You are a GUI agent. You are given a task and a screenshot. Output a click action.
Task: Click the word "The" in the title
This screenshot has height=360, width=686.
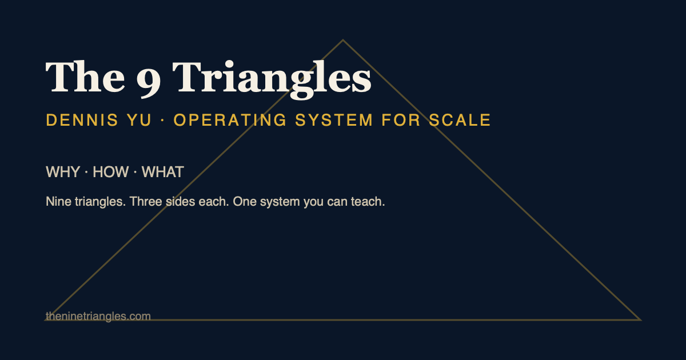pyautogui.click(x=85, y=77)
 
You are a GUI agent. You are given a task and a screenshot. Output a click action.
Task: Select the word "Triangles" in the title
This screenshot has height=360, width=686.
pyautogui.click(x=272, y=79)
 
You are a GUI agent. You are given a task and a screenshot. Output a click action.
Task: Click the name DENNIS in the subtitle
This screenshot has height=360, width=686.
pyautogui.click(x=82, y=120)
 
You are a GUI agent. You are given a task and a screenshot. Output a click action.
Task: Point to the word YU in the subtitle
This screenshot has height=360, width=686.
pyautogui.click(x=139, y=120)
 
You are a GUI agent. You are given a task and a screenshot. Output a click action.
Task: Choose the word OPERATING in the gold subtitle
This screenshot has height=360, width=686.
pyautogui.click(x=230, y=120)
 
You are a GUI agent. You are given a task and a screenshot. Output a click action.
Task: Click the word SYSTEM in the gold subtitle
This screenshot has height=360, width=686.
pyautogui.click(x=334, y=120)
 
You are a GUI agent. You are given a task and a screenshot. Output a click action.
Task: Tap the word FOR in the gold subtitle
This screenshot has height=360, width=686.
pyautogui.click(x=401, y=120)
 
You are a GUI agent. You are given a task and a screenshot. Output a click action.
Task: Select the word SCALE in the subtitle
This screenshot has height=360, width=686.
pyautogui.click(x=460, y=120)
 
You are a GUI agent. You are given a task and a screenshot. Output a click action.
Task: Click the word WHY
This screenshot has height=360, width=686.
pyautogui.click(x=63, y=172)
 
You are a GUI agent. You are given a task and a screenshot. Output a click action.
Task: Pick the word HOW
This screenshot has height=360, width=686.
pyautogui.click(x=110, y=172)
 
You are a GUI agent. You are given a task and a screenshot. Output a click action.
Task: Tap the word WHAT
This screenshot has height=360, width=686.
pyautogui.click(x=162, y=172)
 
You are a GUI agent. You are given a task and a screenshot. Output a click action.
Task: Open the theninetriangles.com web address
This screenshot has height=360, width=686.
pyautogui.click(x=98, y=316)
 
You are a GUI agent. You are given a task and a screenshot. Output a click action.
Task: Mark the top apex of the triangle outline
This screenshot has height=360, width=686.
pyautogui.click(x=343, y=40)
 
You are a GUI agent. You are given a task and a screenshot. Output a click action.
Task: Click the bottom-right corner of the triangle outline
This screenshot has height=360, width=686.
pyautogui.click(x=640, y=320)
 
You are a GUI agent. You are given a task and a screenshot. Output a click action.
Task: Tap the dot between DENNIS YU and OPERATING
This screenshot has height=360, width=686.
pyautogui.click(x=162, y=121)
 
